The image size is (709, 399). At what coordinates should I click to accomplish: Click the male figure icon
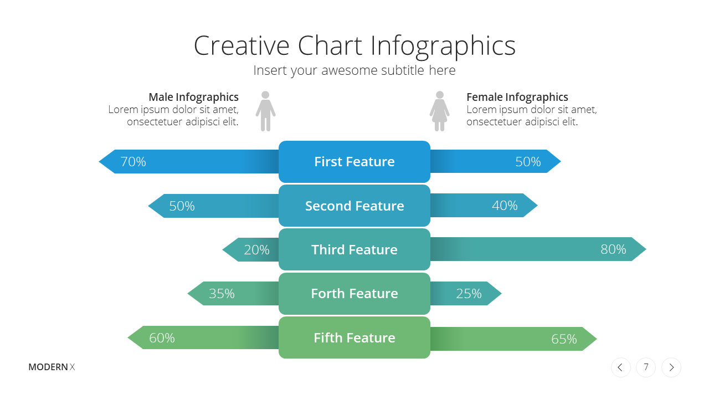point(265,111)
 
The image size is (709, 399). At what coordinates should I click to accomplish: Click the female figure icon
point(439,111)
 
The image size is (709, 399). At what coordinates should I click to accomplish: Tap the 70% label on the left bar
point(133,161)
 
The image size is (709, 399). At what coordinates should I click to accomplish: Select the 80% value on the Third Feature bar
point(613,249)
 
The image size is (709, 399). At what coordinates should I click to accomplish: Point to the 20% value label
point(256,250)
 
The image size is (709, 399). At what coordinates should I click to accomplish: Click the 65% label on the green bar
point(564,339)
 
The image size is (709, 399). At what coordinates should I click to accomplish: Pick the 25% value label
point(469,294)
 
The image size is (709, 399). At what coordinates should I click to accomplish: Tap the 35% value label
point(222,294)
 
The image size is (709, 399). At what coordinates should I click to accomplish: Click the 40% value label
point(505,206)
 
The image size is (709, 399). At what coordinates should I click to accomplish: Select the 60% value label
point(162,338)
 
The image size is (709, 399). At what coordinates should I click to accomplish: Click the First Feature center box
point(354,162)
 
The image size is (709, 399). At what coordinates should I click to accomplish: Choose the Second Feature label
point(354,206)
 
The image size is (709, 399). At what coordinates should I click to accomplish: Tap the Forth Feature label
point(354,294)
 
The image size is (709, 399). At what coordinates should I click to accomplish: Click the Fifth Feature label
point(354,338)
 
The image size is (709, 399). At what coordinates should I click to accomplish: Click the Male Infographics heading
point(194,97)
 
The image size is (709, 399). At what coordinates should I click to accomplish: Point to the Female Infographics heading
point(517,97)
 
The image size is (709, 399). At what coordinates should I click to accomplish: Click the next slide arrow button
point(671,367)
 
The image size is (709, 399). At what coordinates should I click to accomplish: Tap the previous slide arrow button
point(621,367)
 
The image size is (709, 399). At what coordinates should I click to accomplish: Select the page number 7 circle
point(646,367)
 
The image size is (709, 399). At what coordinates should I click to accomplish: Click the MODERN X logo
point(52,367)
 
